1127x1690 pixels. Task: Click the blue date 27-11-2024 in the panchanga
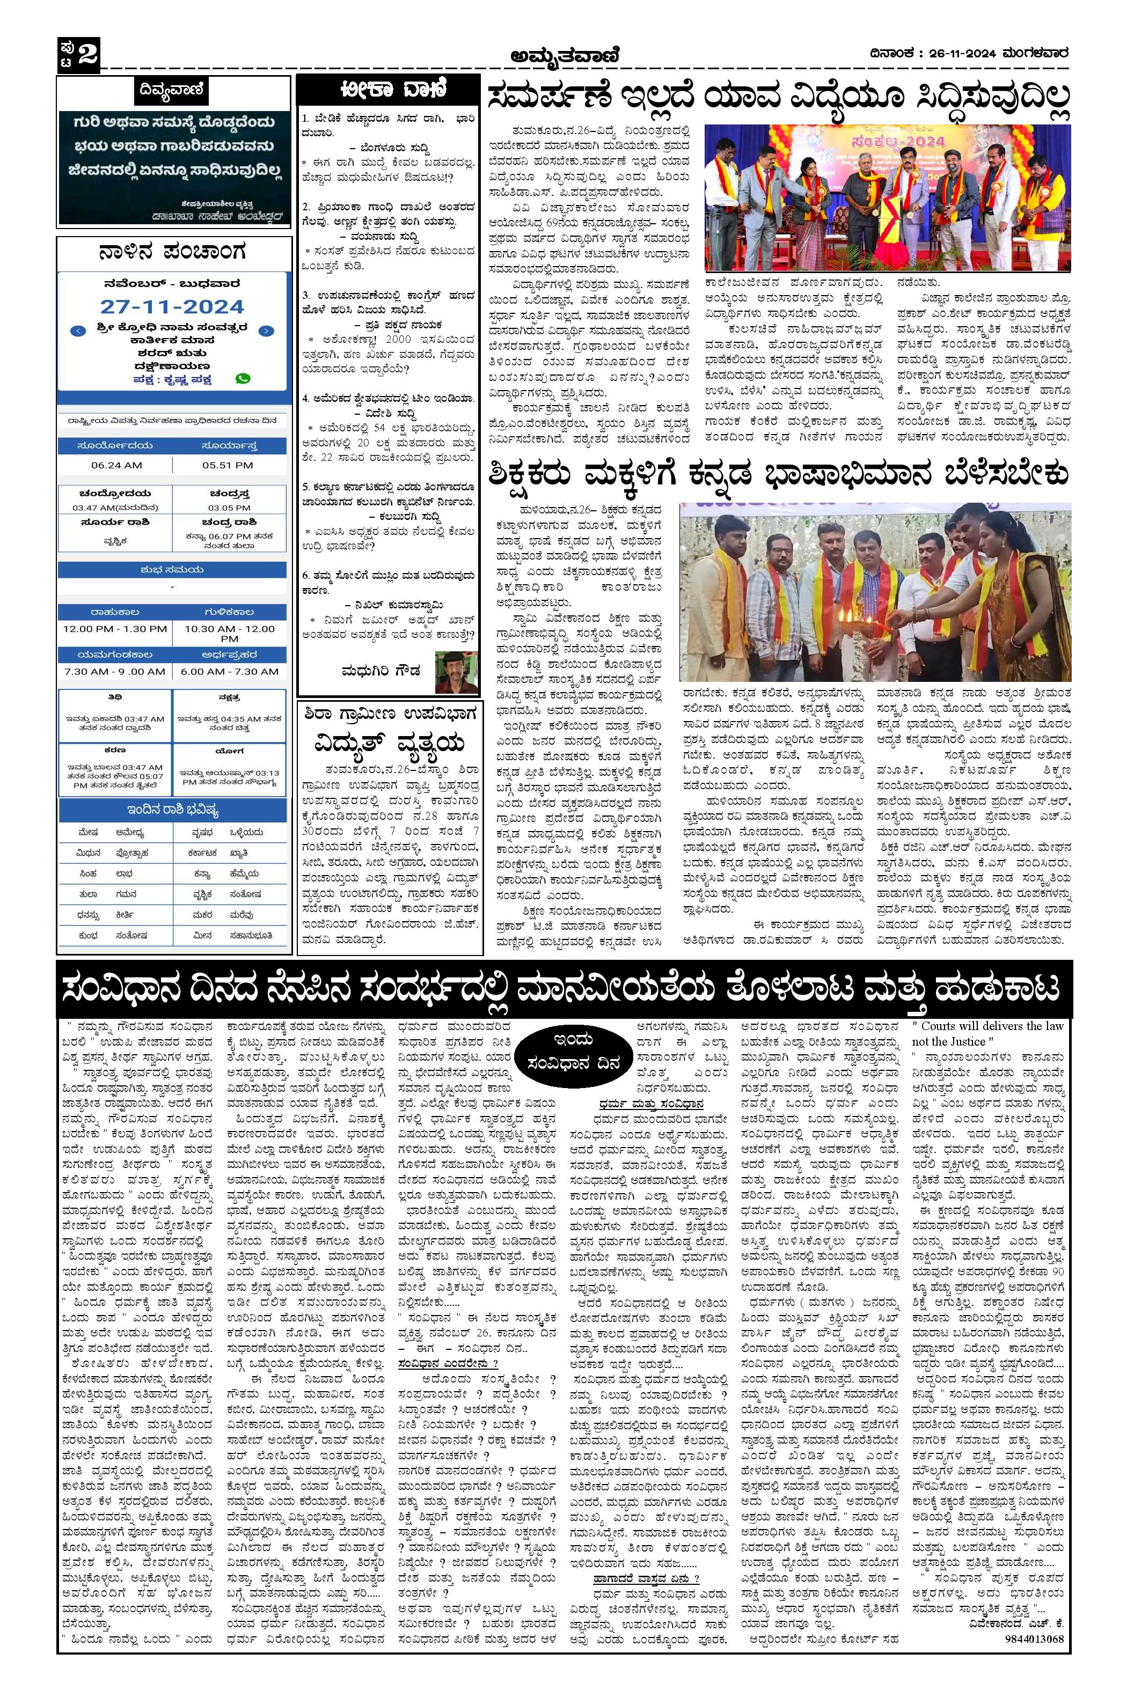[172, 307]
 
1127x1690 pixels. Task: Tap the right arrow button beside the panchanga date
[266, 331]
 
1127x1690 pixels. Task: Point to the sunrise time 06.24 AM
[116, 465]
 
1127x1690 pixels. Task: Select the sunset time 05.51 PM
[227, 465]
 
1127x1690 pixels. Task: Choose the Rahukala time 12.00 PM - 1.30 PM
[115, 629]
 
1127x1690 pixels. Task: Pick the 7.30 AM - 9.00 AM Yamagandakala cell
[115, 671]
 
